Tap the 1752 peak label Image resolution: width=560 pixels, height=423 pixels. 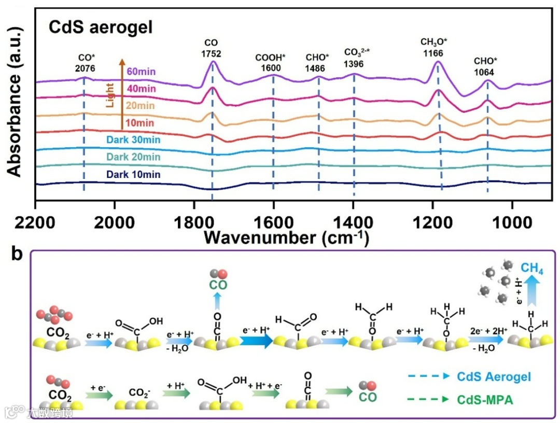(x=212, y=53)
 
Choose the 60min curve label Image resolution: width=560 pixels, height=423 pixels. (x=142, y=72)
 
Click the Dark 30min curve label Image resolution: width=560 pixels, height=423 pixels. (x=133, y=140)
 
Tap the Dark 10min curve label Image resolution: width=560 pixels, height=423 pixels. (x=133, y=175)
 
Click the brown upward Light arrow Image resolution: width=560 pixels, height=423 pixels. (x=122, y=93)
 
